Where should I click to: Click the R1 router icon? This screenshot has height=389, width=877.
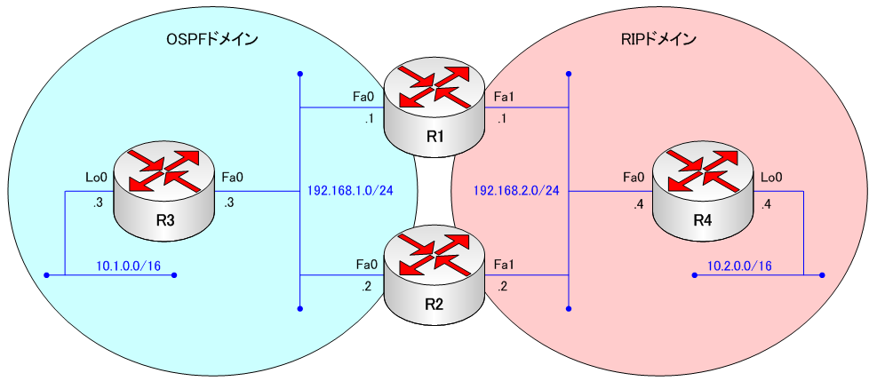coord(435,104)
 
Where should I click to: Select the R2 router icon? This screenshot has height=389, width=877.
coord(435,272)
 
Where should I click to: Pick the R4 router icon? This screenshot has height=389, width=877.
coord(703,192)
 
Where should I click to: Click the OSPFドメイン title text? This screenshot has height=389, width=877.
coord(206,40)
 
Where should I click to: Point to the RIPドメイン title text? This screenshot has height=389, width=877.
coord(658,40)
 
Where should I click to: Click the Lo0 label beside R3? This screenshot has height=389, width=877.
coord(96,178)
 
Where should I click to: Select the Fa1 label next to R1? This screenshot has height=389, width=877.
coord(504,95)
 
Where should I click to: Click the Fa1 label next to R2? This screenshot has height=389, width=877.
coord(504,264)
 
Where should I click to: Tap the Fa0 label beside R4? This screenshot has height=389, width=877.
coord(634,178)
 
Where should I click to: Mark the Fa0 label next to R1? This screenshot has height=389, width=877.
coord(364,95)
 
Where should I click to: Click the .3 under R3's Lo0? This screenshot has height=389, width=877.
coord(99,202)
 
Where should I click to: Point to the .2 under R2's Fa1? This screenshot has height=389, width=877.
coord(503,288)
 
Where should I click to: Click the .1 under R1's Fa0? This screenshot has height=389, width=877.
coord(367,119)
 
